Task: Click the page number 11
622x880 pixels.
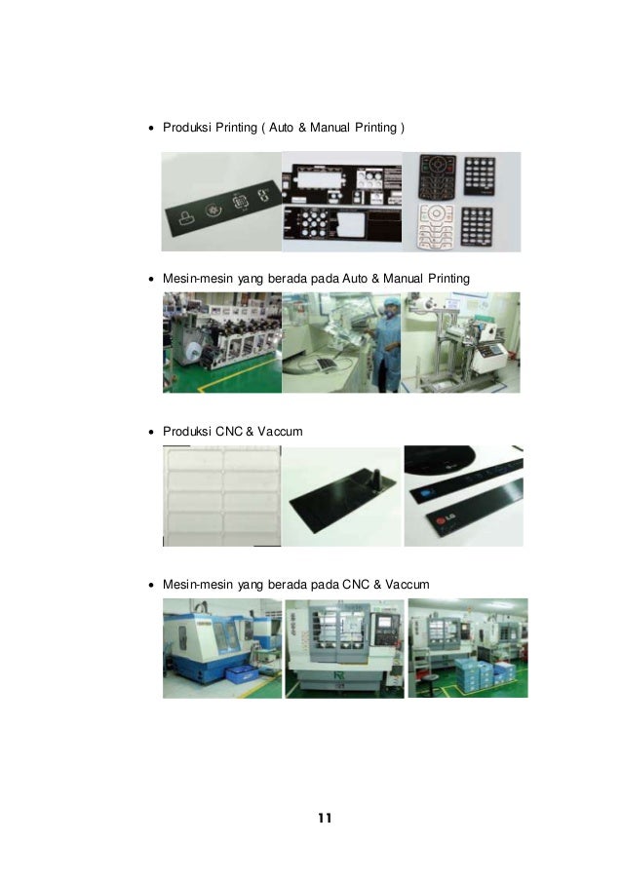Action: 325,818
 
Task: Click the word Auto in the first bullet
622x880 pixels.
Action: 281,128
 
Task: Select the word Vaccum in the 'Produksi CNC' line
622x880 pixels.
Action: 280,432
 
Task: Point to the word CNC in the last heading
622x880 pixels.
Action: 356,585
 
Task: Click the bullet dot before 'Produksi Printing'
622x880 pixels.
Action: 151,129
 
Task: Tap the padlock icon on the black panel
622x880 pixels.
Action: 185,216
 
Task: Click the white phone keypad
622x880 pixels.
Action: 436,226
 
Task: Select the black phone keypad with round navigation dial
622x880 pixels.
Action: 438,176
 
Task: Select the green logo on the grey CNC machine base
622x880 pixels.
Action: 338,674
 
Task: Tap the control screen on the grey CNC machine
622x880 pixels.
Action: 383,622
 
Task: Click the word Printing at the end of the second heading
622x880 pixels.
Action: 449,279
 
